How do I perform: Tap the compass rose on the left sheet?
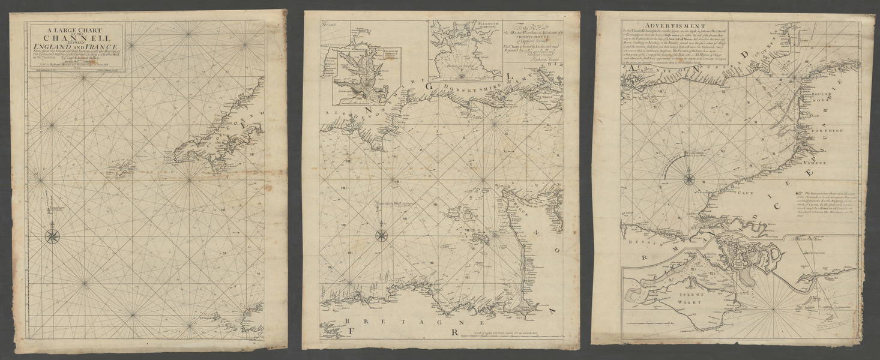(x=53, y=235)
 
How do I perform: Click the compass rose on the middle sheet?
(x=381, y=235)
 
